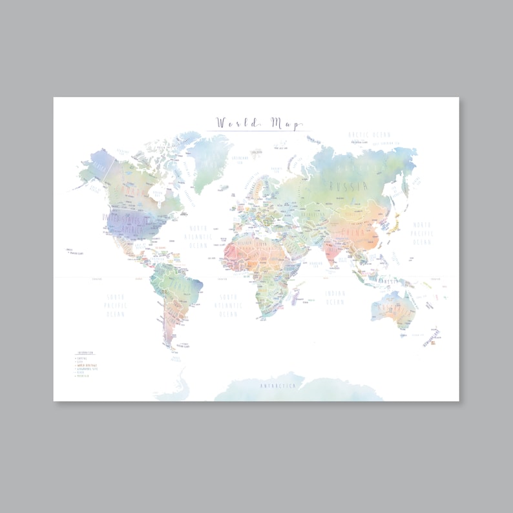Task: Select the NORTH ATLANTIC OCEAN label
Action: coord(200,236)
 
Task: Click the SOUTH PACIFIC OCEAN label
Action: coord(116,306)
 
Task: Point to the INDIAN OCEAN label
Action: coord(335,298)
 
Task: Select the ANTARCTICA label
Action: coord(278,386)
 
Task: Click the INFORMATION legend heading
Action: coord(85,353)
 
